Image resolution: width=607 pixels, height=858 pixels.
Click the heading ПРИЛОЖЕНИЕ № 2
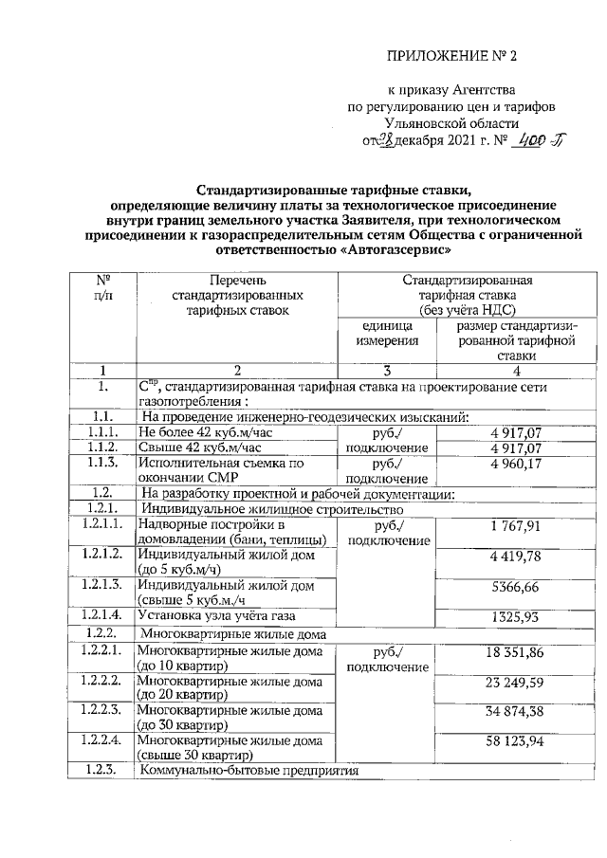tap(454, 55)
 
